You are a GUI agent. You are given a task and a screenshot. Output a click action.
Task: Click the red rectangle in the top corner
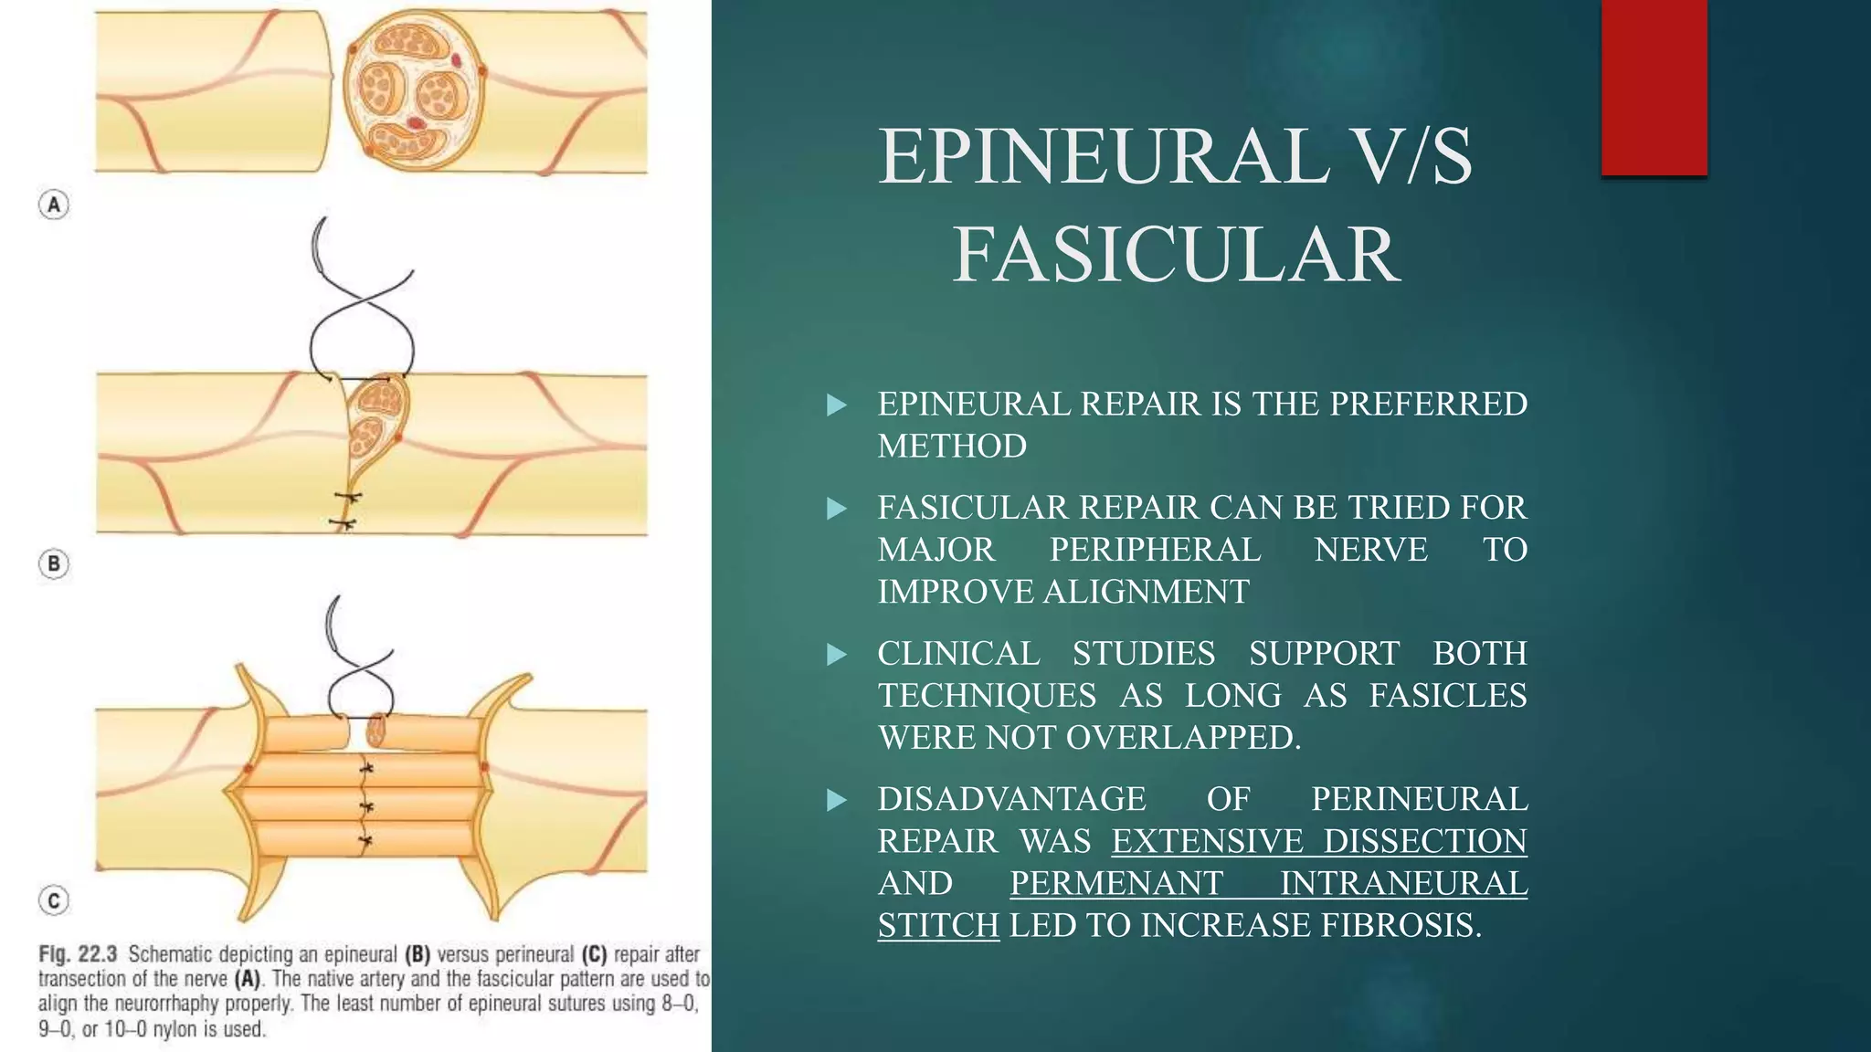1654,88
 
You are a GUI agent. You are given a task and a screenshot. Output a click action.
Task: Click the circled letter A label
54,205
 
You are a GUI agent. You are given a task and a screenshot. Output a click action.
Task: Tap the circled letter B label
54,563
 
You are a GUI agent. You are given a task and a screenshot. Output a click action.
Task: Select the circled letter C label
54,901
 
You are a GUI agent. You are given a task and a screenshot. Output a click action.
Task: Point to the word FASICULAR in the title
1177,255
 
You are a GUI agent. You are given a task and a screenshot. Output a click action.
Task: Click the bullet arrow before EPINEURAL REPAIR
836,405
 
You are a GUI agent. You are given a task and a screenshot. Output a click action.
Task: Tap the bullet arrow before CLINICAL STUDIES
836,654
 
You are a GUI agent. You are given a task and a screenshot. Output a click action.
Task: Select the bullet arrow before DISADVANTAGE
836,800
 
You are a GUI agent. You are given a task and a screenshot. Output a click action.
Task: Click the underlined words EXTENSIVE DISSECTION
1318,841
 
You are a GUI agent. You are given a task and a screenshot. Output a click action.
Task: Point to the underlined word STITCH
938,925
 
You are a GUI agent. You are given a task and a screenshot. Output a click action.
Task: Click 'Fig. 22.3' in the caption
78,954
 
